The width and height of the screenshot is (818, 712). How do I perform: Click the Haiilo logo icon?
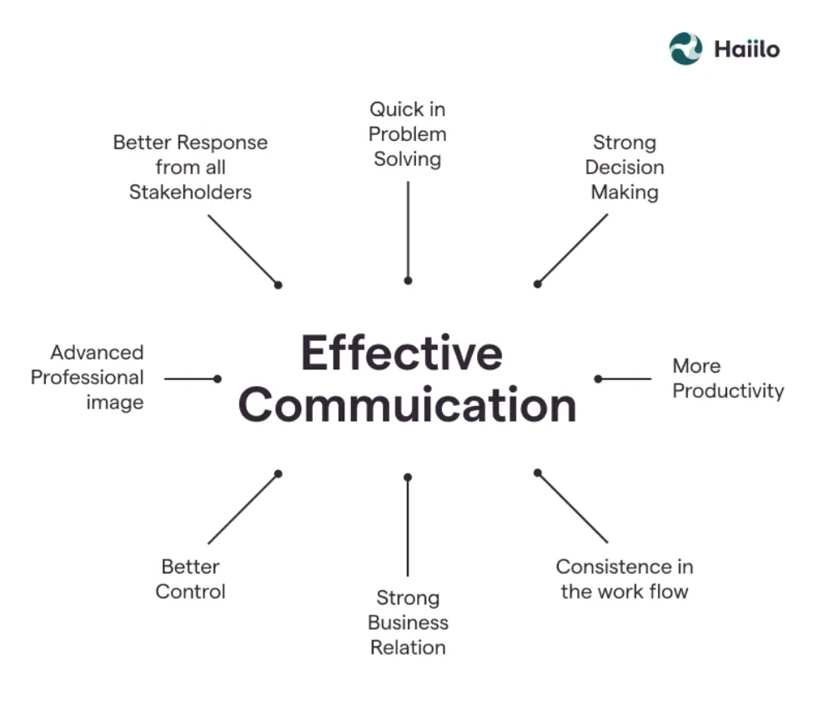[x=685, y=48]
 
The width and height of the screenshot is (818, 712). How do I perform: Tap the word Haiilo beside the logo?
[x=746, y=49]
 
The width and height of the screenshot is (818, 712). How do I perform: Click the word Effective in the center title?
[x=401, y=353]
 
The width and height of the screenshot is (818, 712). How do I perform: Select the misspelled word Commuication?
[x=407, y=406]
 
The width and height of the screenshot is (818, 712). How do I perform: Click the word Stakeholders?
[x=190, y=193]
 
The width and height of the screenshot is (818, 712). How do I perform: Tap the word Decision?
[x=625, y=168]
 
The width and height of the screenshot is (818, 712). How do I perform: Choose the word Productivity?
[x=728, y=391]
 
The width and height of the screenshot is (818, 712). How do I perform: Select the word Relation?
[x=408, y=648]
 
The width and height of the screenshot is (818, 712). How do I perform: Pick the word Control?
[x=190, y=592]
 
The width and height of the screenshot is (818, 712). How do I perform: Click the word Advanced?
[x=97, y=353]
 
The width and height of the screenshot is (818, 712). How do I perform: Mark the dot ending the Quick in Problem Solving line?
[x=408, y=281]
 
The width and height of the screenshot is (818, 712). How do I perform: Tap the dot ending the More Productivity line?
[x=598, y=379]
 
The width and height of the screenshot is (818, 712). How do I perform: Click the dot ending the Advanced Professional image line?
[x=218, y=379]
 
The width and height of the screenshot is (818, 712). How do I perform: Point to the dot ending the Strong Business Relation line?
[x=408, y=477]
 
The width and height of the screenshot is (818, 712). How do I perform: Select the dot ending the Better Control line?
[x=279, y=474]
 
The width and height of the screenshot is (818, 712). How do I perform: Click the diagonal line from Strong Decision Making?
[x=573, y=248]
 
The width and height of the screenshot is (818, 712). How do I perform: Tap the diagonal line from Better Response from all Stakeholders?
[x=243, y=249]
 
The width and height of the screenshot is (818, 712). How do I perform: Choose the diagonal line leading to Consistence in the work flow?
[x=573, y=508]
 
